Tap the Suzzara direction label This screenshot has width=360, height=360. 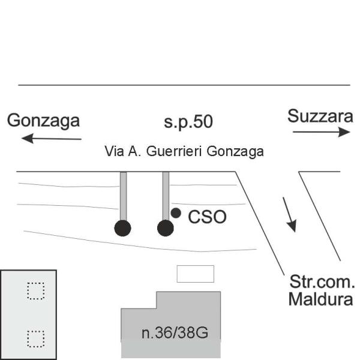[x=320, y=116]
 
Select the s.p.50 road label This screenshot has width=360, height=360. [x=188, y=122]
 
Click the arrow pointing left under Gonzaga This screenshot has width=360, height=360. [x=52, y=139]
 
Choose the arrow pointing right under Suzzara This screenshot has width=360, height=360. [x=322, y=132]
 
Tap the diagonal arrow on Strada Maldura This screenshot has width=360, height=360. [x=289, y=215]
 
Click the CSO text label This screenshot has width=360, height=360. [x=207, y=217]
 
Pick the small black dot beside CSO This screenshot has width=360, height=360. [x=176, y=213]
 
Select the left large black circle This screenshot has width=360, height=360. [x=122, y=228]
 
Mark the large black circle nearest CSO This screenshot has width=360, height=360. [x=166, y=228]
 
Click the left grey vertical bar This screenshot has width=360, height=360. [x=123, y=196]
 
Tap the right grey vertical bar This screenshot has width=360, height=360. [x=166, y=196]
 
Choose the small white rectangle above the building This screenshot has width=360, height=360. [x=196, y=274]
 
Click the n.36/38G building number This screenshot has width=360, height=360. [x=175, y=333]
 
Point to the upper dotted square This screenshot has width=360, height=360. [x=36, y=291]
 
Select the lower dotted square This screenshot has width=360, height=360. [x=36, y=339]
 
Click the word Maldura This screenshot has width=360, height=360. [x=320, y=299]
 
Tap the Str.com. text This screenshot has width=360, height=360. [x=322, y=282]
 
